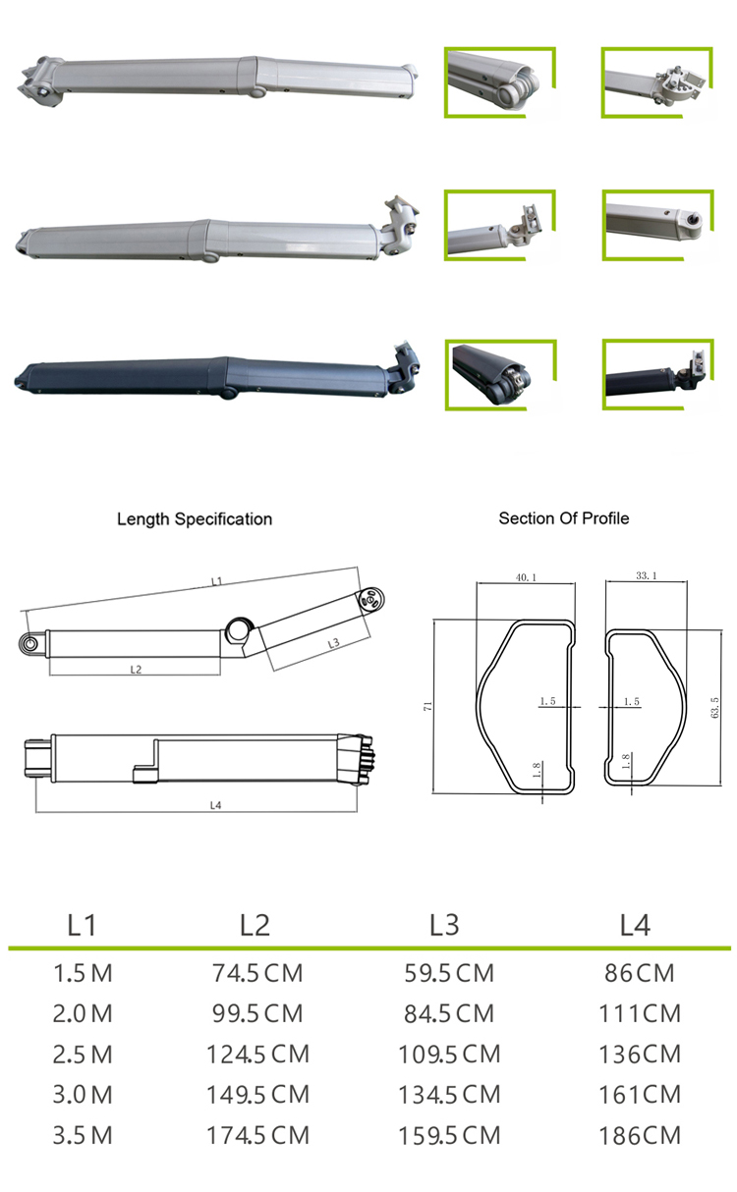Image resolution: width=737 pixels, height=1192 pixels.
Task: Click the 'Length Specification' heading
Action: [x=195, y=518]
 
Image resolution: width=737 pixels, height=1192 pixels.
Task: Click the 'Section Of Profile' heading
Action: [x=563, y=517]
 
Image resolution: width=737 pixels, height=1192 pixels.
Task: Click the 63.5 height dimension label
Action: [x=714, y=706]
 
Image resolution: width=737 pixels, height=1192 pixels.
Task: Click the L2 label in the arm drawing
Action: [x=136, y=669]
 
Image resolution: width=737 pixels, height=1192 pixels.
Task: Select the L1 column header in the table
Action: [x=82, y=924]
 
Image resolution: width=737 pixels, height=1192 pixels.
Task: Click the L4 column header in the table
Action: [x=635, y=924]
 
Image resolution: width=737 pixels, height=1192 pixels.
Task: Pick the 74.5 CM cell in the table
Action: [x=257, y=973]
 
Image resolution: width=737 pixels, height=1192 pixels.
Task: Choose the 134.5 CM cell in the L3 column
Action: [x=449, y=1094]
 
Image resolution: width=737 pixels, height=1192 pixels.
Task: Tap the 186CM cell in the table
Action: [x=639, y=1135]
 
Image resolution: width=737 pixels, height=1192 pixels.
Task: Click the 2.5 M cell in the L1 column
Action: [x=83, y=1055]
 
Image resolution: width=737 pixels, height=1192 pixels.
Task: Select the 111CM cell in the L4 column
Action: [x=639, y=1013]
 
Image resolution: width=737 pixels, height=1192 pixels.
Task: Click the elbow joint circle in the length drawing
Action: [x=239, y=629]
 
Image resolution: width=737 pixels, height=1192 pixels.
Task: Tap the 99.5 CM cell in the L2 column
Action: [x=257, y=1013]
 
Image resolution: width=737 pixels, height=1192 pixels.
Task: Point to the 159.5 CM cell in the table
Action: [x=449, y=1135]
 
